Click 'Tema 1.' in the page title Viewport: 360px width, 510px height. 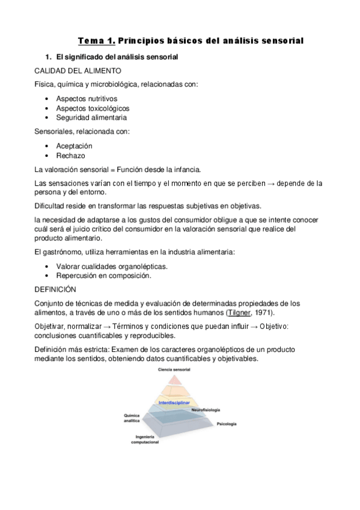click(x=96, y=41)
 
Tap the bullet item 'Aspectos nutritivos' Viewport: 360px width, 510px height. click(x=87, y=99)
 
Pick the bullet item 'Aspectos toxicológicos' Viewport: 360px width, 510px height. click(x=93, y=108)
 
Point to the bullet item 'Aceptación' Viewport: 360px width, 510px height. click(x=75, y=146)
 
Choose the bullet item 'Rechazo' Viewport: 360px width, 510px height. click(x=71, y=156)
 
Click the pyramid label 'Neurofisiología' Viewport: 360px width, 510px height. click(x=206, y=410)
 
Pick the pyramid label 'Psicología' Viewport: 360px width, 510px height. click(x=227, y=424)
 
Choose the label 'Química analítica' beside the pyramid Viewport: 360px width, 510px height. click(x=132, y=419)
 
